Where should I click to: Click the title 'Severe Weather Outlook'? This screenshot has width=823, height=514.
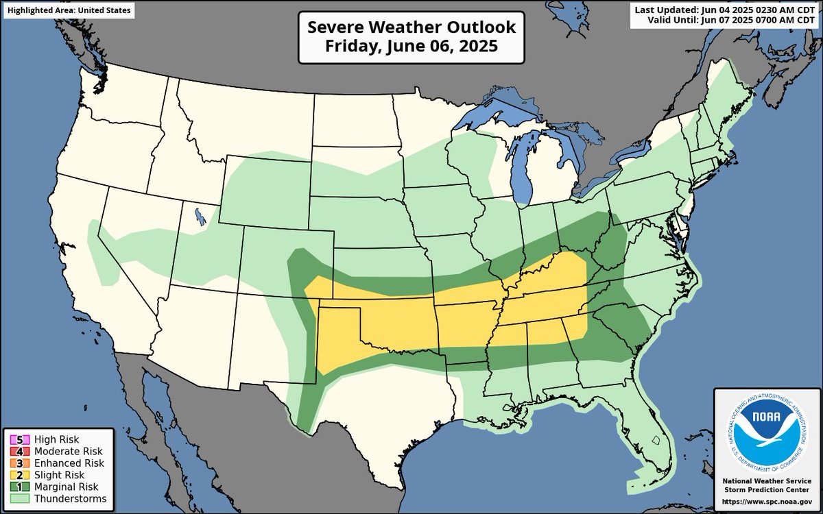click(x=411, y=27)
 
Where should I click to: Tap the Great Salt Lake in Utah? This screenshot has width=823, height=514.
click(x=199, y=217)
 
